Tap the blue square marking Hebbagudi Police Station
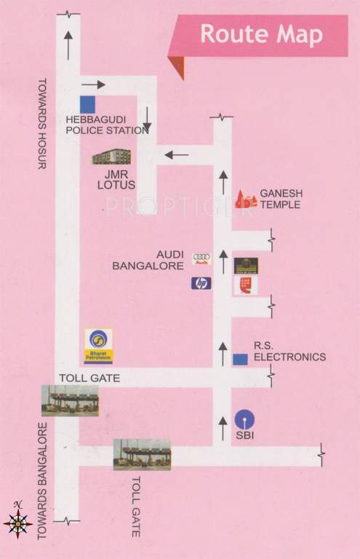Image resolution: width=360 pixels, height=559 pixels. coord(87,104)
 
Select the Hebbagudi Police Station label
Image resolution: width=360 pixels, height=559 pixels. coord(107,125)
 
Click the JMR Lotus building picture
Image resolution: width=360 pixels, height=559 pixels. coord(112,157)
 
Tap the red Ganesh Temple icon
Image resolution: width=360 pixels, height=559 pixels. coord(246,199)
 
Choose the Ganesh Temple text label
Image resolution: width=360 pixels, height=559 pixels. coord(281,199)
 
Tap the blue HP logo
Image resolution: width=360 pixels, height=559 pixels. coord(201,283)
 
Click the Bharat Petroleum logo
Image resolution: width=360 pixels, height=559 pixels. coord(98,345)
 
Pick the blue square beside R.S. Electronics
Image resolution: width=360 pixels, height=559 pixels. coord(240,360)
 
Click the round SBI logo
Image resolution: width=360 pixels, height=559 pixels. coord(244,419)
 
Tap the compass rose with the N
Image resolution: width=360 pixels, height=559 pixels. coord(17,520)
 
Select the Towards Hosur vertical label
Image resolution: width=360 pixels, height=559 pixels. coord(41,124)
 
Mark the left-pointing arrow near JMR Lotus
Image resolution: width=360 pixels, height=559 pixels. coord(176,154)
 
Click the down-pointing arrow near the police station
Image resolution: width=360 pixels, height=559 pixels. coord(147,120)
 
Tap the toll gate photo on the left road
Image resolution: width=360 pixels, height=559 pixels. coord(70,400)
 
